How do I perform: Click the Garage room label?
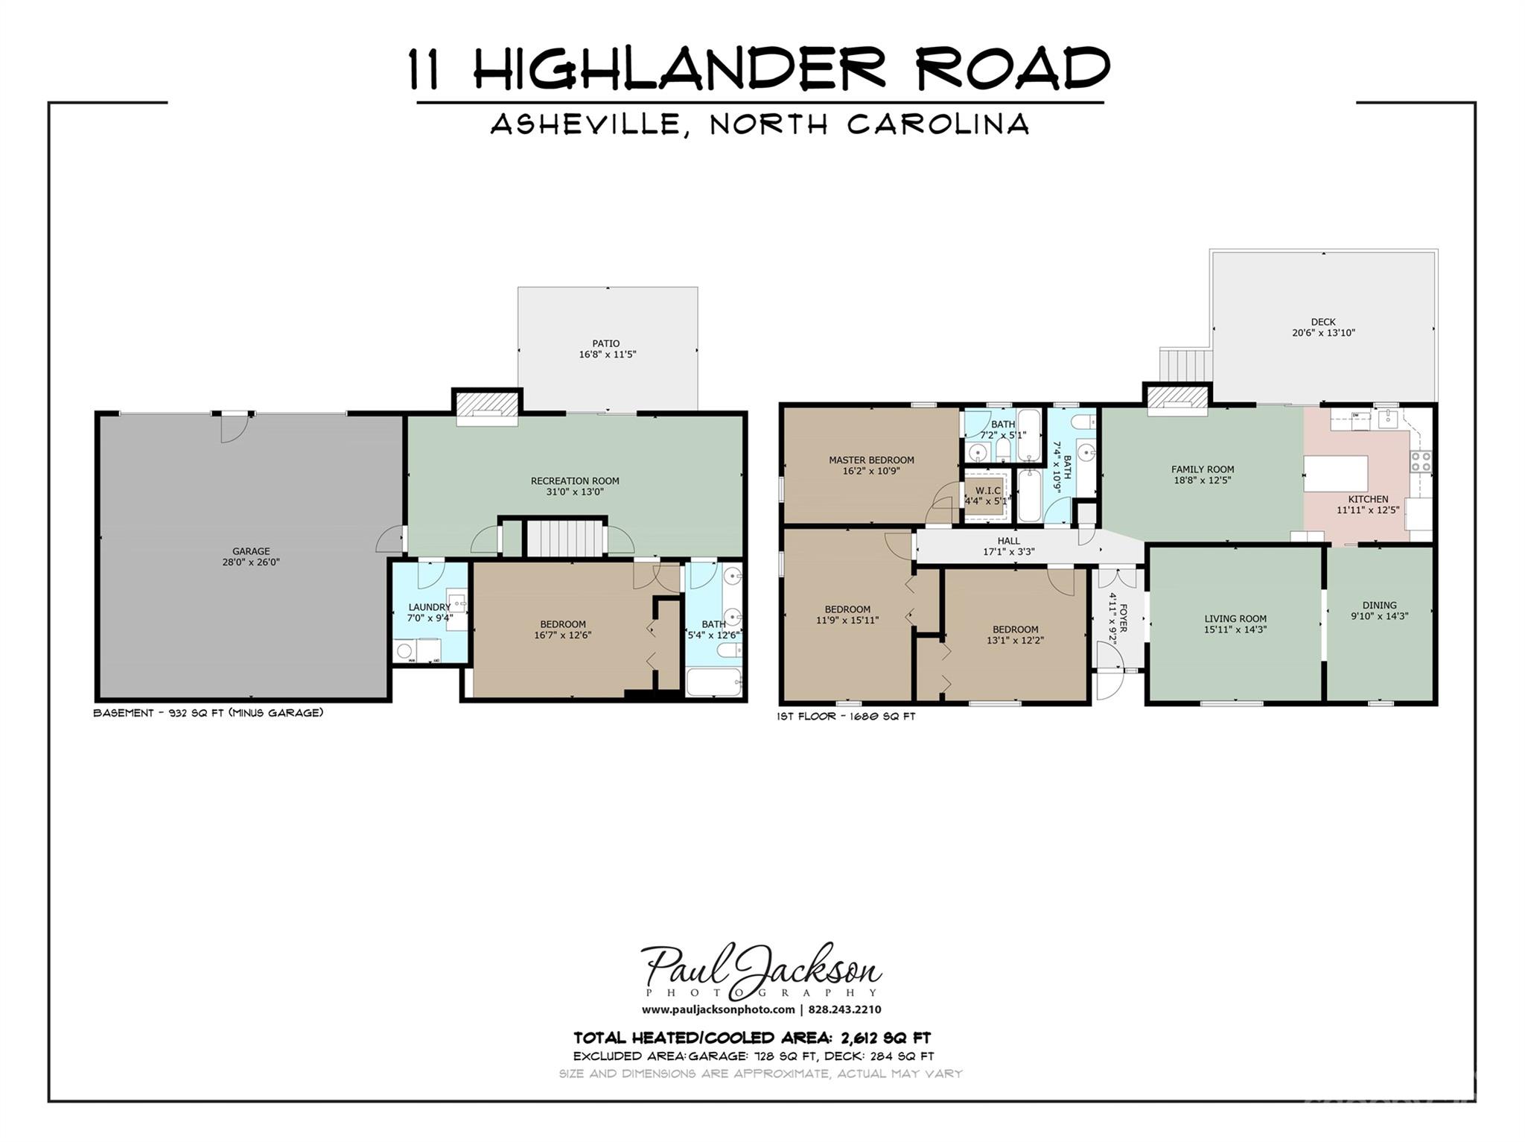pos(250,551)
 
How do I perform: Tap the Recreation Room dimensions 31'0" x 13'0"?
pos(574,492)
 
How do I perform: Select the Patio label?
pos(606,343)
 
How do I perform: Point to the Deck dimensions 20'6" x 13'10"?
pos(1323,333)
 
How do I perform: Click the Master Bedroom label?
pos(871,460)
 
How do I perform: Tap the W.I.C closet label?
pos(988,490)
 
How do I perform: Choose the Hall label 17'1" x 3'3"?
pos(1008,546)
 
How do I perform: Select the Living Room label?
pos(1235,618)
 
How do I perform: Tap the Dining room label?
pos(1379,605)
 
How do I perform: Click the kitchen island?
pos(1336,473)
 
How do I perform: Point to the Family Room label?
pos(1202,469)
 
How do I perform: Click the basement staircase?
pos(564,538)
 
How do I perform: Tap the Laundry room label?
pos(429,607)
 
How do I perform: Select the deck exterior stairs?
pos(1185,365)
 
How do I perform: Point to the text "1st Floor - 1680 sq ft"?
pos(845,717)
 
